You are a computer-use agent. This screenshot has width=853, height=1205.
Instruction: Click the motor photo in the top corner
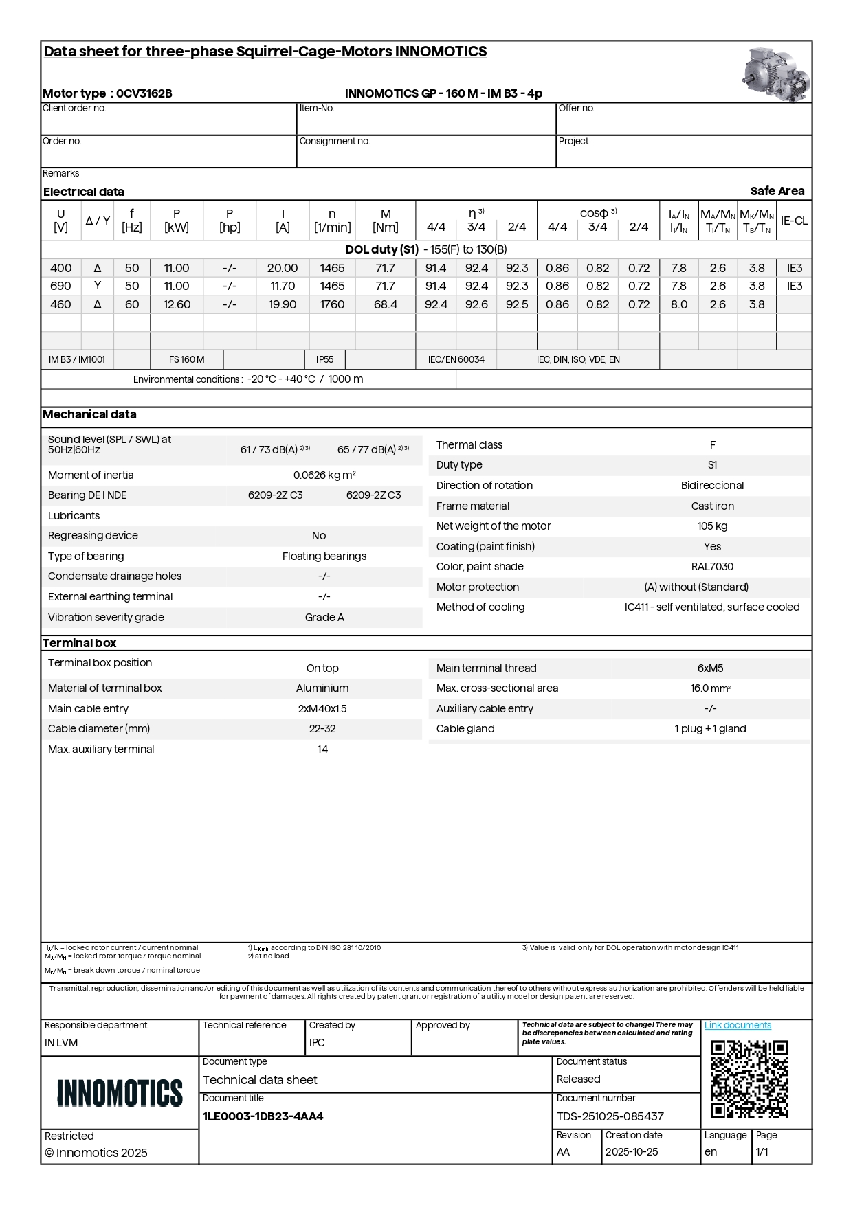click(776, 73)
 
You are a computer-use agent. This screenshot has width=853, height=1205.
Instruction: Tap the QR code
click(749, 1079)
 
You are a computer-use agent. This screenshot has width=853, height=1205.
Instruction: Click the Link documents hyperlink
click(738, 1025)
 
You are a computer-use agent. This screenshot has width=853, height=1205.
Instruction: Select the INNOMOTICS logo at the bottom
click(120, 1092)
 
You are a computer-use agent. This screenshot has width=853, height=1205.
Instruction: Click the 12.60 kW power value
click(177, 304)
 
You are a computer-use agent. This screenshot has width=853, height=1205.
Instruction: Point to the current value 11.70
click(283, 286)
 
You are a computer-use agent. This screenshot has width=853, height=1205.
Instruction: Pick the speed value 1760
click(332, 304)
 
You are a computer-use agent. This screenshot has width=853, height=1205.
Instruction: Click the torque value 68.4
click(386, 304)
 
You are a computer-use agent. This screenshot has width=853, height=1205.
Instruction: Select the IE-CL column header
click(794, 221)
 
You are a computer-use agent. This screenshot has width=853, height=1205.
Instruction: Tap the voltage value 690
click(60, 286)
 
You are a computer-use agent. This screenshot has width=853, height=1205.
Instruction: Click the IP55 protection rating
click(324, 359)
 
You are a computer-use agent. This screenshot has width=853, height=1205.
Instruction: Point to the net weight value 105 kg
click(712, 526)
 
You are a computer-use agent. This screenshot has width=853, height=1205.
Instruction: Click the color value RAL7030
click(712, 567)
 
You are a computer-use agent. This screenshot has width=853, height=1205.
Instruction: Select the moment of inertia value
click(324, 475)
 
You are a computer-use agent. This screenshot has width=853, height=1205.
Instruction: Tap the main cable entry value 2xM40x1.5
click(322, 709)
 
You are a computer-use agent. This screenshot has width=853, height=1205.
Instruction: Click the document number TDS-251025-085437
click(610, 1116)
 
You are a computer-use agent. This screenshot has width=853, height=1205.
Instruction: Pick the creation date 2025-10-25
click(631, 1152)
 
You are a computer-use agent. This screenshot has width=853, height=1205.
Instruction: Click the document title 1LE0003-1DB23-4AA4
click(263, 1116)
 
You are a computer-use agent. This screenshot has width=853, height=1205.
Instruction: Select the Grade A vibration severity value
click(324, 618)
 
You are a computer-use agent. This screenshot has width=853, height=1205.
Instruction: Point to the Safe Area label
click(777, 191)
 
